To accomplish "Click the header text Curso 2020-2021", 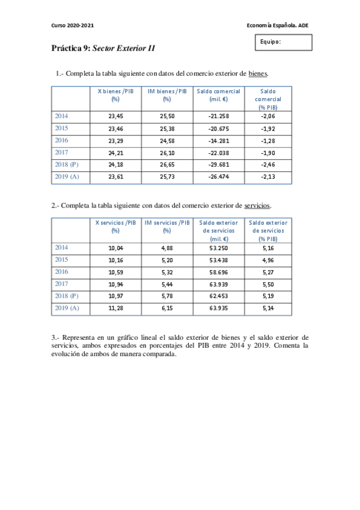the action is [x=73, y=25].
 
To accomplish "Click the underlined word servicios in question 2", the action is [x=258, y=206].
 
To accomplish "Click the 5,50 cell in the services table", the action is [x=268, y=283].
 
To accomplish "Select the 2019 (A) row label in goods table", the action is [x=67, y=177].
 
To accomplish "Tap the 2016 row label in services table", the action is [x=62, y=271].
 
